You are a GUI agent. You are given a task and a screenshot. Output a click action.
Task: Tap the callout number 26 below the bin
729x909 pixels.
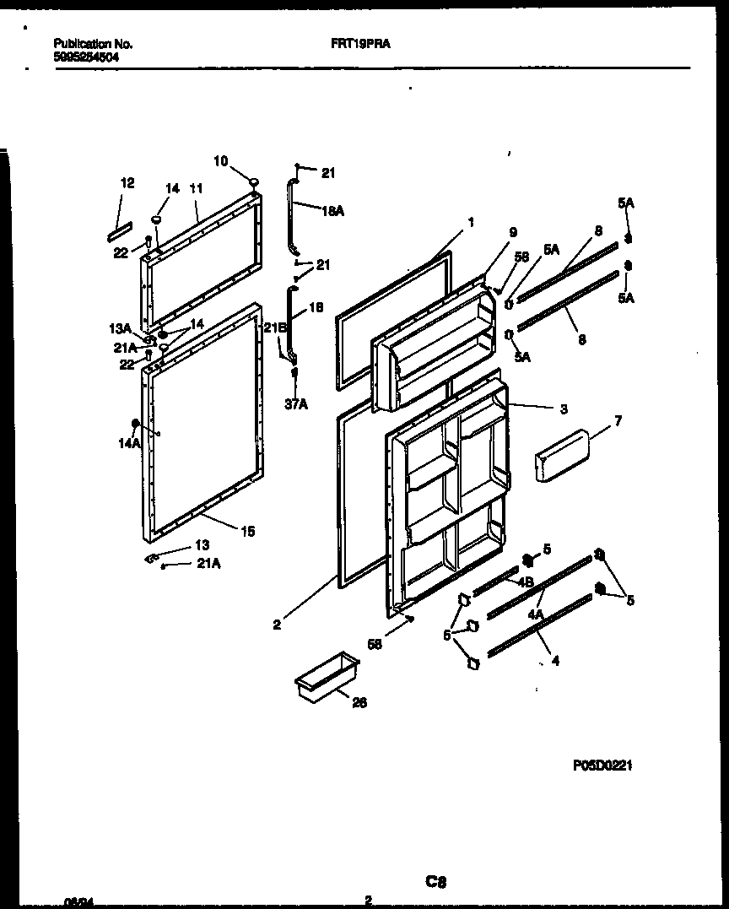coord(359,701)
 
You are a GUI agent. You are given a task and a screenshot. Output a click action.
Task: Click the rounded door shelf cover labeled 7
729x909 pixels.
coord(560,456)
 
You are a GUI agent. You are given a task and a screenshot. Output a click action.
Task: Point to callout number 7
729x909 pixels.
coord(618,420)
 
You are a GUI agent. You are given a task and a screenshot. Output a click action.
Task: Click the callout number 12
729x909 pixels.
coord(127,182)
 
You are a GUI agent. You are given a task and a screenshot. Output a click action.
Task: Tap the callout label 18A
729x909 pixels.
coord(333,211)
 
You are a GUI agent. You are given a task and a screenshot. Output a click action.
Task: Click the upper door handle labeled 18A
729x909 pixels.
coord(294,215)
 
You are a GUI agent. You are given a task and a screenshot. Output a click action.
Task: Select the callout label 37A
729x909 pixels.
coord(295,404)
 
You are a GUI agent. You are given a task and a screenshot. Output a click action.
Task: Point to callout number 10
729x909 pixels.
coord(220,160)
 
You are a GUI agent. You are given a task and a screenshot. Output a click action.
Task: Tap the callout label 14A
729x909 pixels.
coord(130,441)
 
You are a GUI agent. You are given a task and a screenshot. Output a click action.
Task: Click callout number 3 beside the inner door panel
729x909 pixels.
coord(563,409)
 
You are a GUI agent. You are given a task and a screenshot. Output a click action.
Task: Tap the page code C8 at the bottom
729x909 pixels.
coord(435,882)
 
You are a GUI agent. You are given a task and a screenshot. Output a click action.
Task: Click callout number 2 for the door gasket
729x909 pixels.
coord(276,625)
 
